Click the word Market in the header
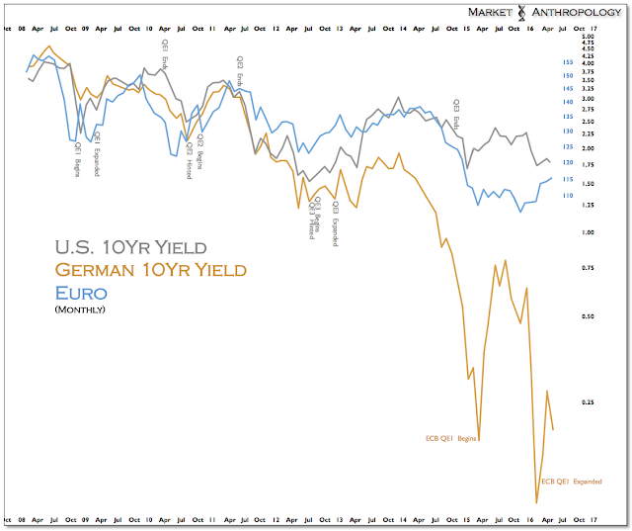click(488, 13)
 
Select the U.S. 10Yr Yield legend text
click(130, 247)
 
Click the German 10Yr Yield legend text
click(150, 270)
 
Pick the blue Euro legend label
click(80, 293)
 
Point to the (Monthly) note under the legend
click(80, 310)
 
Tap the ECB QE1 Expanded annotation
click(572, 482)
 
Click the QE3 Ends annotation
click(456, 115)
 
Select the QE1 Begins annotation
click(79, 158)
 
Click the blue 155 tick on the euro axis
click(568, 62)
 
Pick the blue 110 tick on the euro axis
click(568, 196)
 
